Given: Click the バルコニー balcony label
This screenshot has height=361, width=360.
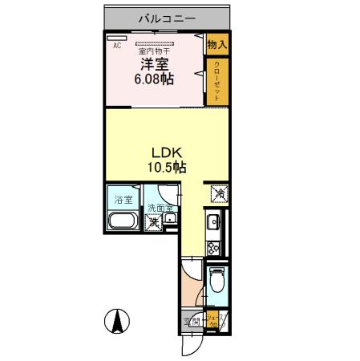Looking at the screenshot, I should click(166, 18).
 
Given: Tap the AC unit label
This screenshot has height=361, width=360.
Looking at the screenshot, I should click(117, 46).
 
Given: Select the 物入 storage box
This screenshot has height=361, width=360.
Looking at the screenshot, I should click(216, 45).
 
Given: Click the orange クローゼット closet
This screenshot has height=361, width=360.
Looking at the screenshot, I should click(216, 81).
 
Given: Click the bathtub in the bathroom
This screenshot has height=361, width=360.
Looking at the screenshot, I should click(123, 221).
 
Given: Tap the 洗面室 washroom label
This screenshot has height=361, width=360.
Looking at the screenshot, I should click(159, 209).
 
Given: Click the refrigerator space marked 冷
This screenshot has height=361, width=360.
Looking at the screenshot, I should click(216, 193).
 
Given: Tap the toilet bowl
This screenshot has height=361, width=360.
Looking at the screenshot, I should click(216, 281).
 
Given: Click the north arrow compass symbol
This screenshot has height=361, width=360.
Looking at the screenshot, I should click(116, 321).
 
